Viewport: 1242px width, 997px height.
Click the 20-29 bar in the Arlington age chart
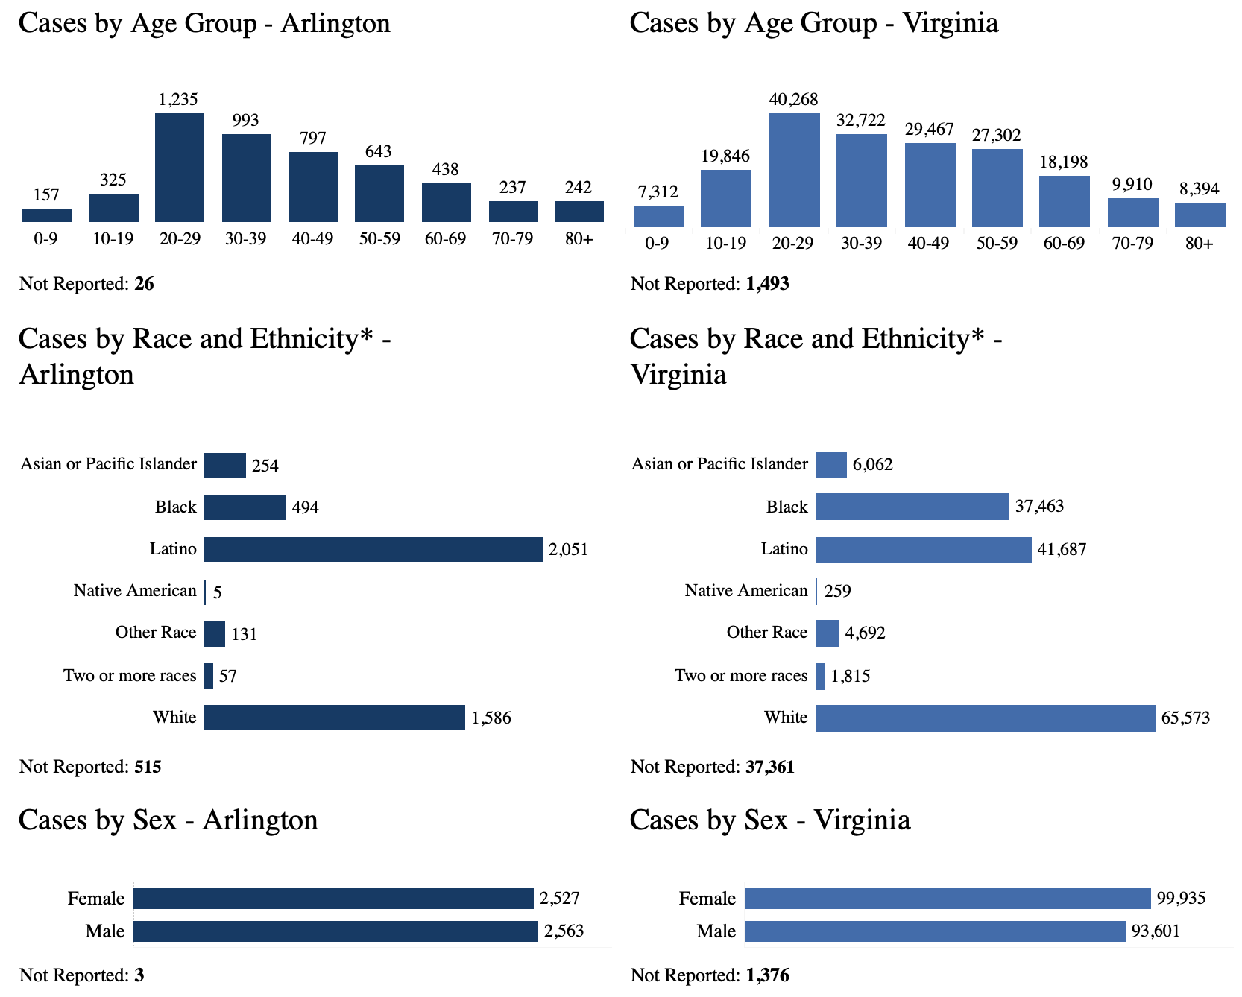coord(180,168)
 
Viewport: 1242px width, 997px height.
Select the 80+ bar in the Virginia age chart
coord(1200,215)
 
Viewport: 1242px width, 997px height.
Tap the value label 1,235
coord(178,99)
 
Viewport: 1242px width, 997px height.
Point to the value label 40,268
coord(793,99)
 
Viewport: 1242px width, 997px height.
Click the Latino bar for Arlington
coord(373,549)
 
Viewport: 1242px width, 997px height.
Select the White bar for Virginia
coord(985,718)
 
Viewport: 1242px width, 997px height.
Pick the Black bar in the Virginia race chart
coord(912,507)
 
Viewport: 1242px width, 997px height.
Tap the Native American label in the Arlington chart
coord(135,591)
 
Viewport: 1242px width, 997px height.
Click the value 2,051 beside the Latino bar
coord(568,550)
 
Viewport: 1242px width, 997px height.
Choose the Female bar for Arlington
coord(333,899)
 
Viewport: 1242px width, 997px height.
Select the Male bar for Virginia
coord(934,931)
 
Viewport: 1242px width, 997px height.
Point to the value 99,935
coord(1181,899)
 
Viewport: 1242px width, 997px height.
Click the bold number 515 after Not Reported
coord(148,767)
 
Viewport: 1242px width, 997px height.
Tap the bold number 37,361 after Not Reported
coord(769,767)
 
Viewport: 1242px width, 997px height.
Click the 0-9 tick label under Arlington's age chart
coord(46,239)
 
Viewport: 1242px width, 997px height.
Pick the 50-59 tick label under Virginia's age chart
coord(997,244)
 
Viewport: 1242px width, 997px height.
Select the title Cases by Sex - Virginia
coord(769,820)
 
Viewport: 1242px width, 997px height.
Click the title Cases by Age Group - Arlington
coord(204,23)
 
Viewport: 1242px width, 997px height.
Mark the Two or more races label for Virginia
coord(741,676)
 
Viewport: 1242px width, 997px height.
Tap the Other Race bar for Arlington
coord(215,634)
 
